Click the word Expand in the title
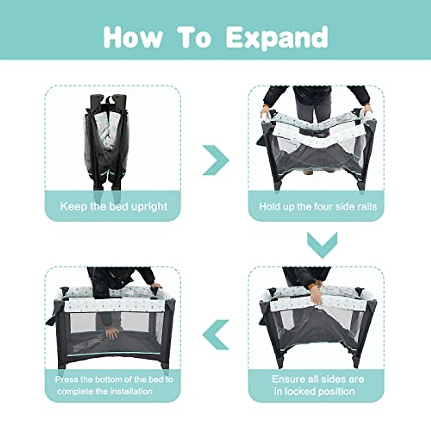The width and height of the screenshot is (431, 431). coord(277,37)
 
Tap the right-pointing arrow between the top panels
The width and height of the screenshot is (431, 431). coord(215,160)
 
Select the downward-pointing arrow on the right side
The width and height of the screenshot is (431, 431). coord(322,245)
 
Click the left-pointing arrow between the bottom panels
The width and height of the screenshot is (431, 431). coord(215,334)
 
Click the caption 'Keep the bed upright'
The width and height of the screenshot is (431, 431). coord(113,207)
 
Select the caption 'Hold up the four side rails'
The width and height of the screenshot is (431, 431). coord(318,207)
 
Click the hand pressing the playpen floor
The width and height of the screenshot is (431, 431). coord(112,333)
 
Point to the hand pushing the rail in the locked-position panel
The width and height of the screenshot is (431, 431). coord(316,294)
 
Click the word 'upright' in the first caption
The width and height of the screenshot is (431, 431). coord(149,207)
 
